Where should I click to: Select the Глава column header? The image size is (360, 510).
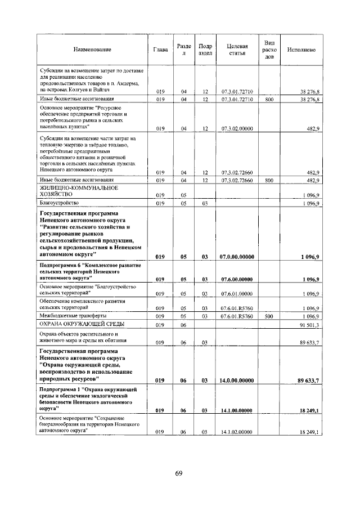point(160,50)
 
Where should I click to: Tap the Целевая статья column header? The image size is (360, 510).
point(237,50)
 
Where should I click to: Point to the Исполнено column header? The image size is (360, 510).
point(301,50)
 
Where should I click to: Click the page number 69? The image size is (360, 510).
point(178,473)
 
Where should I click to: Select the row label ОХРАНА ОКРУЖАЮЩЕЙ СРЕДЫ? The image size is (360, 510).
point(81,325)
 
